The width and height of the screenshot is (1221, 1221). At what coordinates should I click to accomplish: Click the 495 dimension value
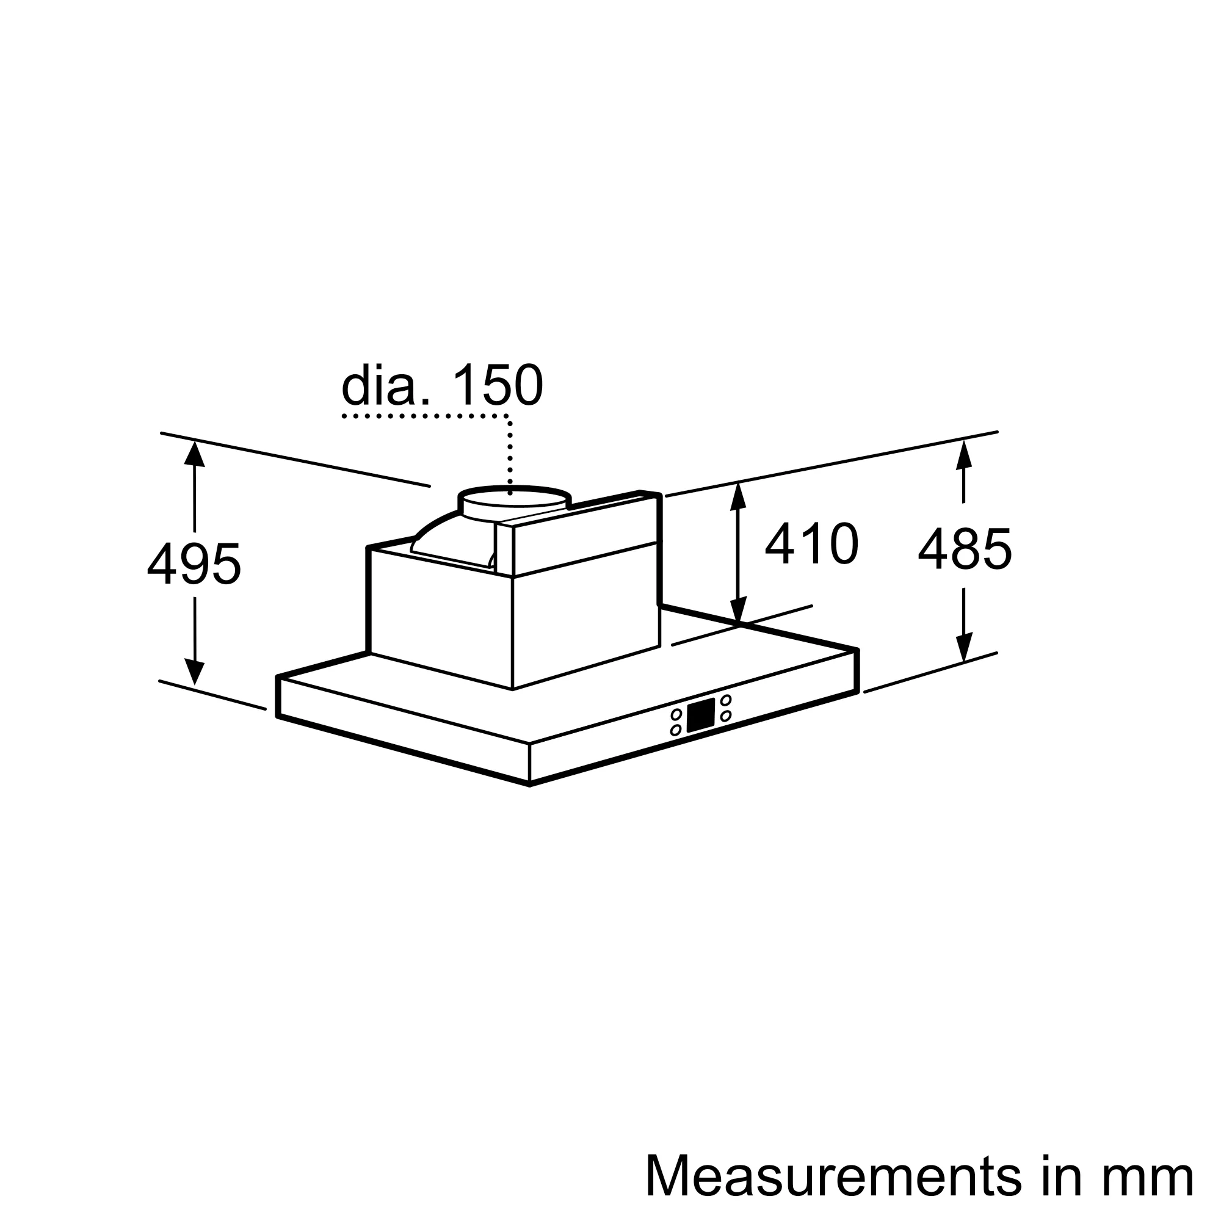[194, 563]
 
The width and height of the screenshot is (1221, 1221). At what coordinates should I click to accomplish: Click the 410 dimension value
[811, 543]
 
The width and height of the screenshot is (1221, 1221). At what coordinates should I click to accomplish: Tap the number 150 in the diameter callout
[498, 385]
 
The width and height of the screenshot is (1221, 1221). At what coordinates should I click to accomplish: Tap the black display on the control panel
[701, 716]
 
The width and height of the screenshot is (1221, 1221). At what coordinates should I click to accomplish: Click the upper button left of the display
[676, 715]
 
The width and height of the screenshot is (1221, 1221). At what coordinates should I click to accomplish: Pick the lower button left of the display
[676, 730]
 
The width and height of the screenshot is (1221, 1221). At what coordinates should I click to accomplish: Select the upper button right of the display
[726, 700]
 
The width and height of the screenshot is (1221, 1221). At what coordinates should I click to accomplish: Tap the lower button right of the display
[725, 716]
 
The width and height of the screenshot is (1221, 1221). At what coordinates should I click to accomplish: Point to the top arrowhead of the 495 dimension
[194, 454]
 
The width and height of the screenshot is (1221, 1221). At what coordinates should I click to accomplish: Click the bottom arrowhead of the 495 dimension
[195, 672]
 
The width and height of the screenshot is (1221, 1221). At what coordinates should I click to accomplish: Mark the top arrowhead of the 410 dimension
[737, 497]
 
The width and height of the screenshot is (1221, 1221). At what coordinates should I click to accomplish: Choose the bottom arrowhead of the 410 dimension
[738, 610]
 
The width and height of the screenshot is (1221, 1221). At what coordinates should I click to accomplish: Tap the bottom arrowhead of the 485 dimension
[965, 648]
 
